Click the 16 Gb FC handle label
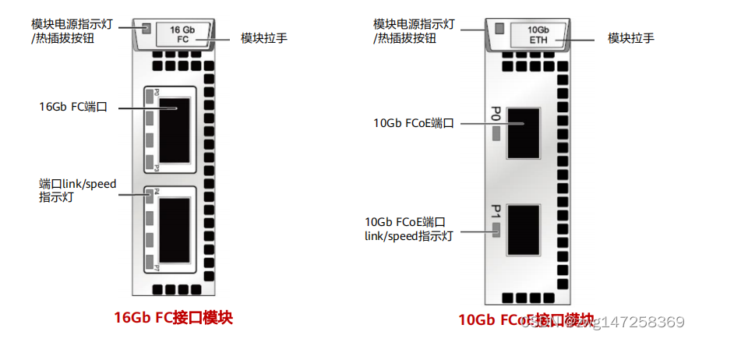(182, 34)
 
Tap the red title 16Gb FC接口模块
(174, 318)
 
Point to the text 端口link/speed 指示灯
(77, 191)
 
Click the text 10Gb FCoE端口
(413, 122)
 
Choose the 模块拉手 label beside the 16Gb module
(263, 37)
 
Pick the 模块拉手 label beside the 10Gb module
(630, 37)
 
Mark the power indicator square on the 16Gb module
(146, 30)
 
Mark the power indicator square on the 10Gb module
(498, 30)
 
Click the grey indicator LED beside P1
(496, 229)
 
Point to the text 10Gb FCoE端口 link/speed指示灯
(409, 228)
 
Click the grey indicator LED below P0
(496, 132)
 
